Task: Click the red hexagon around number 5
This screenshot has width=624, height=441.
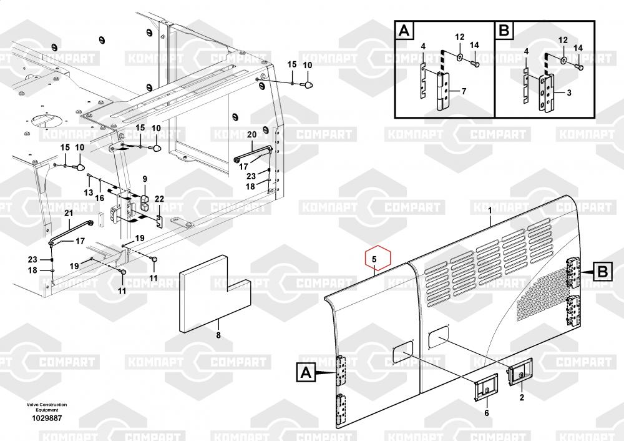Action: point(374,258)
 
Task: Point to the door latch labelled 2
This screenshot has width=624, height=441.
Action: point(518,375)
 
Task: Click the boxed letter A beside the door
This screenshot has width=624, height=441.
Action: point(306,374)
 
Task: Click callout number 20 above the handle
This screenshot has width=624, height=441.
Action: point(251,135)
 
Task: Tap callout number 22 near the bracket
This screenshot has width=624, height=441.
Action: point(159,199)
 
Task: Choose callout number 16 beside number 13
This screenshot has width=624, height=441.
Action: point(99,197)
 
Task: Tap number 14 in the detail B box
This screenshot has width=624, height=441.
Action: point(578,47)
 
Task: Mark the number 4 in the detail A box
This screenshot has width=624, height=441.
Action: point(422,47)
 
